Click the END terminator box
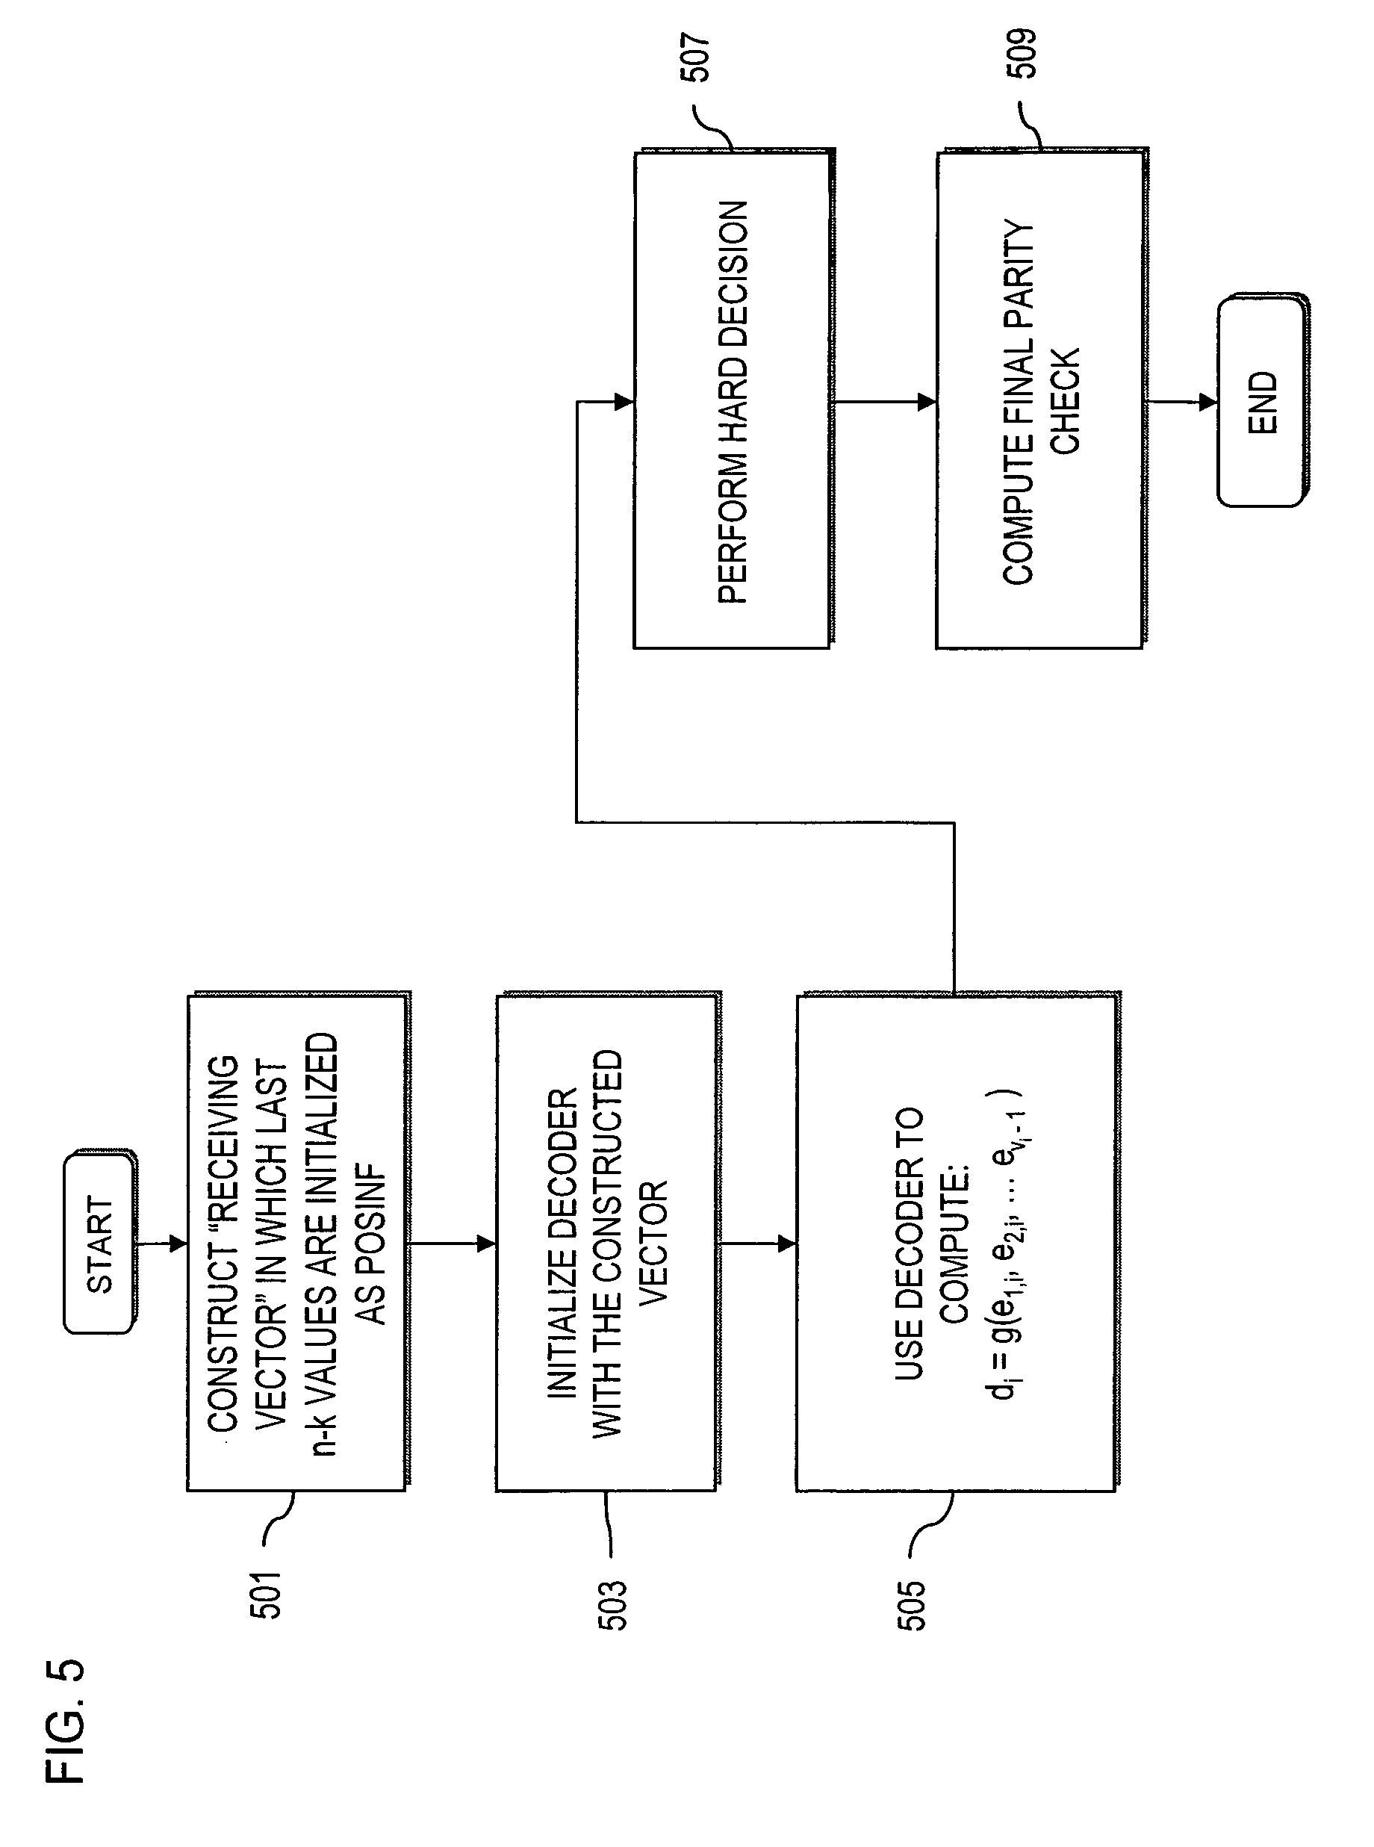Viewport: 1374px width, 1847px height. [x=1261, y=402]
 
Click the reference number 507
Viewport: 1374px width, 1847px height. [x=694, y=58]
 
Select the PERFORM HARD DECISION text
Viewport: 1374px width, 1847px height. [x=733, y=402]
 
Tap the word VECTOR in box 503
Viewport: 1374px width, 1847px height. [x=653, y=1243]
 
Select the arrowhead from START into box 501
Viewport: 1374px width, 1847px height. [x=177, y=1244]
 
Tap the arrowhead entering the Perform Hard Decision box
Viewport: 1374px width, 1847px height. [x=624, y=402]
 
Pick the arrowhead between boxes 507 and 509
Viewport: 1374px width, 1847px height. [x=927, y=402]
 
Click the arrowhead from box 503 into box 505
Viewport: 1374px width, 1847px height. [x=787, y=1244]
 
